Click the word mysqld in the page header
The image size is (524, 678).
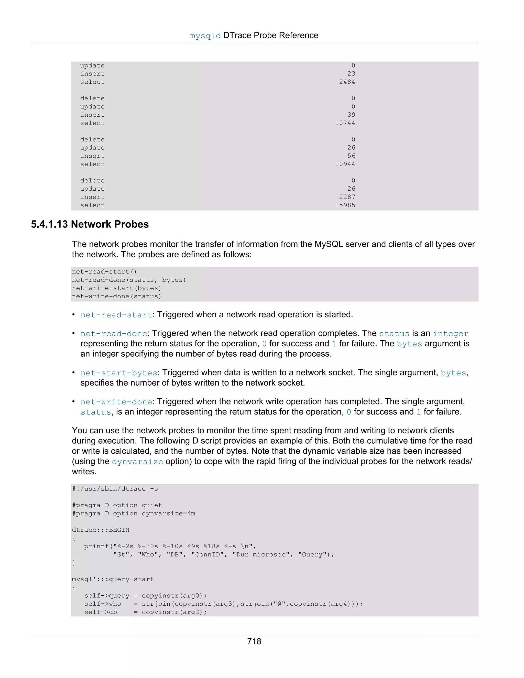click(x=205, y=36)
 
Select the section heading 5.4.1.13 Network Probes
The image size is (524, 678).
click(x=90, y=224)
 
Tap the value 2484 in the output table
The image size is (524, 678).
click(x=347, y=82)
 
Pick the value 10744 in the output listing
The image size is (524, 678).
click(x=345, y=123)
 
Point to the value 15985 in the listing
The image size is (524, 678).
click(x=345, y=205)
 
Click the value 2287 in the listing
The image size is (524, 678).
click(x=347, y=197)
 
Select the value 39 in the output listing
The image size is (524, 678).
click(x=351, y=115)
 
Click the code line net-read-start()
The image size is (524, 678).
click(x=104, y=272)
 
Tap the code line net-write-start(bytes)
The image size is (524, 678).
click(x=116, y=288)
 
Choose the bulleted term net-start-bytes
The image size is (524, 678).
click(x=119, y=373)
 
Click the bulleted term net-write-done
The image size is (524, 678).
click(x=116, y=402)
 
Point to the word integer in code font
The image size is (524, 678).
click(x=450, y=334)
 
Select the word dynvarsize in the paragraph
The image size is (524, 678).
click(x=137, y=462)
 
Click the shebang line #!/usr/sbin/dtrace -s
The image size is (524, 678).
click(x=115, y=489)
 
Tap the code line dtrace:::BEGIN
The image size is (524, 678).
click(x=101, y=530)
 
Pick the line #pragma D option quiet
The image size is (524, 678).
click(x=117, y=505)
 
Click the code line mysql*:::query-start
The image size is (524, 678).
click(x=113, y=579)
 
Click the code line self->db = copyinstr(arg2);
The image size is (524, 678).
click(x=145, y=612)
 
